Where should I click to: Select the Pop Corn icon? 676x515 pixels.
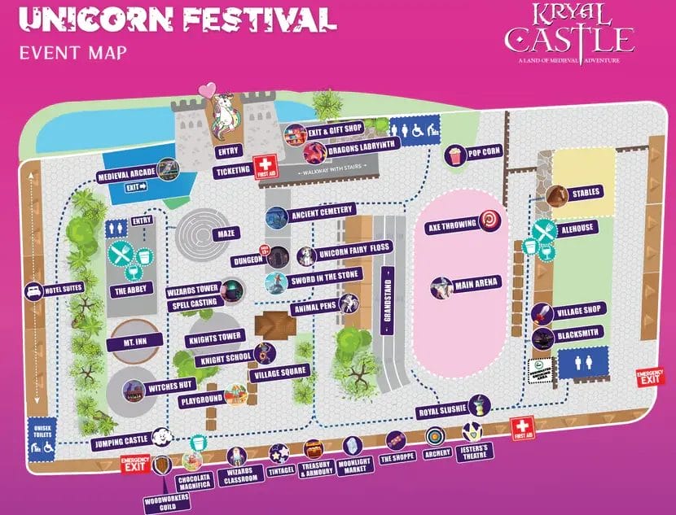pos(454,152)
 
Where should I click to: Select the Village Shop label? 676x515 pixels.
pos(578,312)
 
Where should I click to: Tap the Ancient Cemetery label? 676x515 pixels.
pos(323,216)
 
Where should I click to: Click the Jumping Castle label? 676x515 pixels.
pos(120,440)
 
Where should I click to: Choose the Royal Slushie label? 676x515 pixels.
pos(439,411)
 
